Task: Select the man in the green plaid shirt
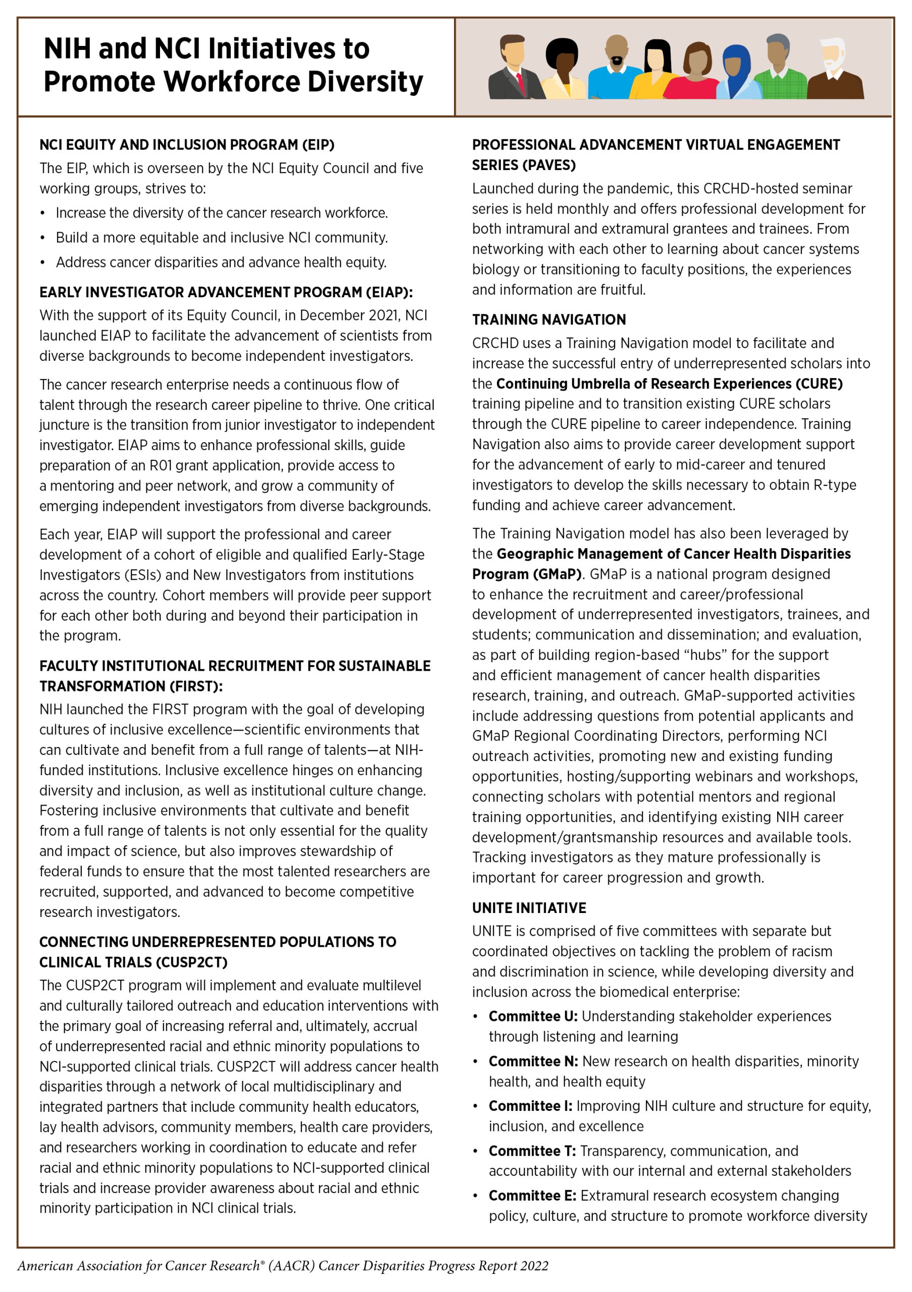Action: pyautogui.click(x=779, y=70)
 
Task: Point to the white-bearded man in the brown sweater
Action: pyautogui.click(x=834, y=70)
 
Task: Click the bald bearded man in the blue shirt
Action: pyautogui.click(x=616, y=70)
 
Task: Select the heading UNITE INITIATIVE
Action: pyautogui.click(x=529, y=907)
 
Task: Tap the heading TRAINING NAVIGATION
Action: pyautogui.click(x=548, y=319)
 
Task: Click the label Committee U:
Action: pyautogui.click(x=533, y=1016)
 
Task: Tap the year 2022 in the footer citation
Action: pyautogui.click(x=534, y=1266)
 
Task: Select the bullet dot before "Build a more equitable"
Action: pyautogui.click(x=42, y=238)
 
